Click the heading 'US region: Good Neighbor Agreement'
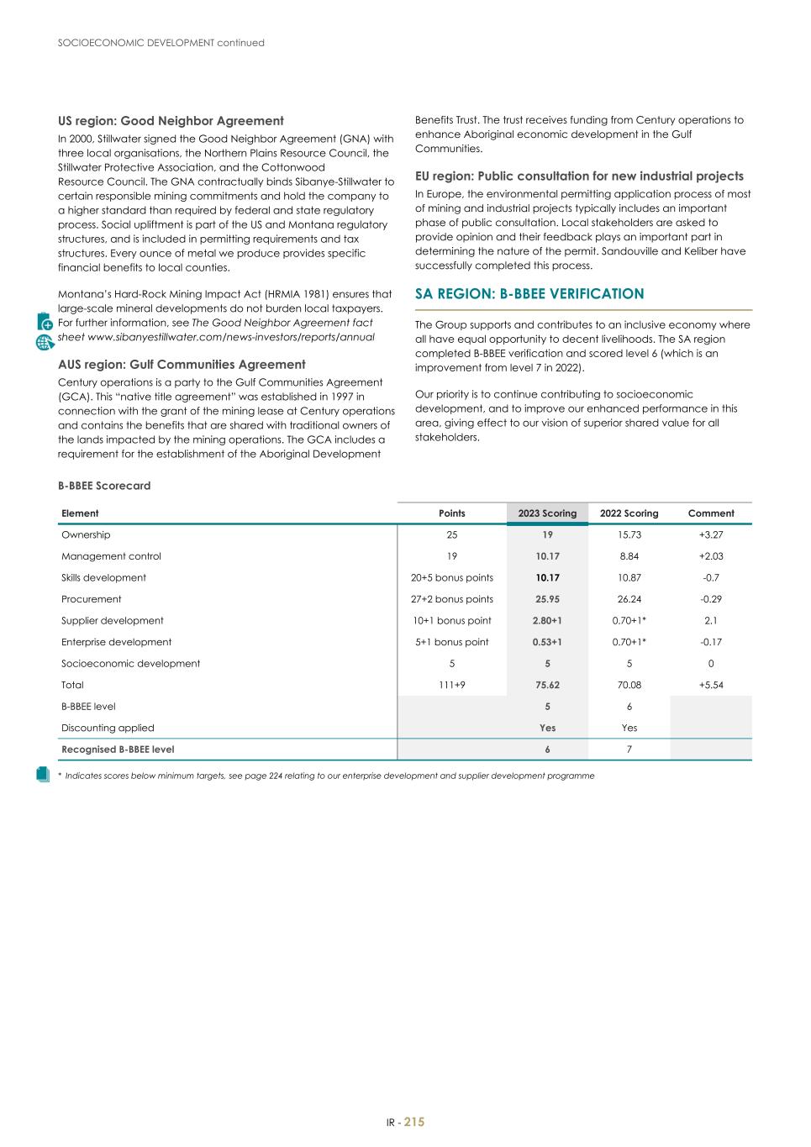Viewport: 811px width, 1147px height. (x=171, y=121)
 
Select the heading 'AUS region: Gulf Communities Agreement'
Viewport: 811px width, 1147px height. (x=182, y=365)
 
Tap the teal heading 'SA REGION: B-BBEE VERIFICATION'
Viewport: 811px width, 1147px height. (x=529, y=294)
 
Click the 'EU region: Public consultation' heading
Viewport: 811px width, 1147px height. (x=579, y=176)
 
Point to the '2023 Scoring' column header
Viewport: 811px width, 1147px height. (x=547, y=513)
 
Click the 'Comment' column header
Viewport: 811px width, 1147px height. (x=711, y=513)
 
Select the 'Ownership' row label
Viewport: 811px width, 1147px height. (x=86, y=535)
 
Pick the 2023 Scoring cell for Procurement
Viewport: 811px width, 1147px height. (x=547, y=600)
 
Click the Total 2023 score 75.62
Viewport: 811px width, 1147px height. (x=547, y=686)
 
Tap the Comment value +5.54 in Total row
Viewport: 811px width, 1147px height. (x=711, y=686)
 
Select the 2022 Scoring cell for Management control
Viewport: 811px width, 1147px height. (x=629, y=556)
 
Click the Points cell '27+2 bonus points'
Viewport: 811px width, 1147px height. (x=452, y=600)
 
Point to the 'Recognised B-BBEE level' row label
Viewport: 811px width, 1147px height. (x=118, y=750)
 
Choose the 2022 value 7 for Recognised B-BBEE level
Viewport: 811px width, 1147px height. (x=629, y=750)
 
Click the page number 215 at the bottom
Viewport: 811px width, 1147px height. (x=414, y=1123)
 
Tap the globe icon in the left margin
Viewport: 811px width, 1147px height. (x=45, y=342)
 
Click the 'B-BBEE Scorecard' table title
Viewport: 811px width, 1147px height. (x=104, y=486)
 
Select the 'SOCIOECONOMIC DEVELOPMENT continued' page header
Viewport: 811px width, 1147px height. (x=161, y=43)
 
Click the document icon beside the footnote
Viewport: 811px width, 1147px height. (x=44, y=775)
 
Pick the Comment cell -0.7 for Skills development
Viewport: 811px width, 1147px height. (x=711, y=578)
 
